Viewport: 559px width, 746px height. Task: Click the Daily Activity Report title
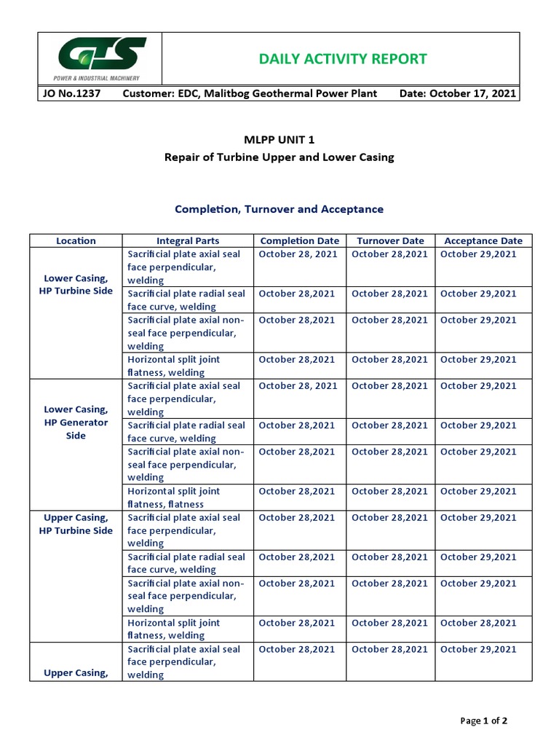pyautogui.click(x=343, y=59)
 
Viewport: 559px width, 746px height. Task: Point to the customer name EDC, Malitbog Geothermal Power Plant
pyautogui.click(x=250, y=94)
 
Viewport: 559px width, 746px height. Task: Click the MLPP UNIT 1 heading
pyautogui.click(x=279, y=140)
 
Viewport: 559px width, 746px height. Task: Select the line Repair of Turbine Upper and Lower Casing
pyautogui.click(x=279, y=157)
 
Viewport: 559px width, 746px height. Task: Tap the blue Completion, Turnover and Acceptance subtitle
pyautogui.click(x=279, y=209)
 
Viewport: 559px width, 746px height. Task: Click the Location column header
pyautogui.click(x=76, y=240)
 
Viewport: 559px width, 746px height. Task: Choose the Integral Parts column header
pyautogui.click(x=187, y=240)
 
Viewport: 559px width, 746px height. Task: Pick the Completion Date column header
pyautogui.click(x=299, y=240)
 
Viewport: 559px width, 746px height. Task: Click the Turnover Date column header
pyautogui.click(x=389, y=240)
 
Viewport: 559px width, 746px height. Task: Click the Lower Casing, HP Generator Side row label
pyautogui.click(x=76, y=423)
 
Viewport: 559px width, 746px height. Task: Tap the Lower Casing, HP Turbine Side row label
pyautogui.click(x=76, y=284)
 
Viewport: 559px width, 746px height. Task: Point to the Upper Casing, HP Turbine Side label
pyautogui.click(x=76, y=524)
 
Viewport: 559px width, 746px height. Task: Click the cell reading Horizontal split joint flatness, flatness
pyautogui.click(x=173, y=498)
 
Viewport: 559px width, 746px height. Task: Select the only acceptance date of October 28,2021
pyautogui.click(x=478, y=623)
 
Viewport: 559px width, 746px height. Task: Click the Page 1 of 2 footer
pyautogui.click(x=484, y=721)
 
